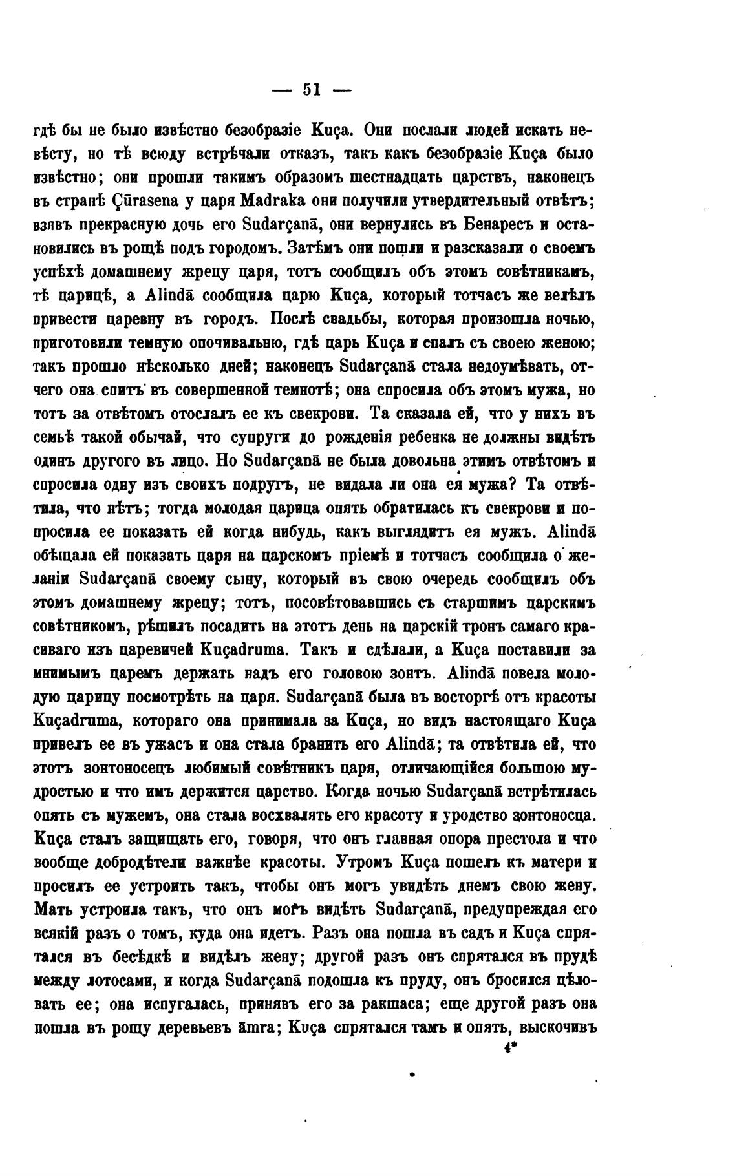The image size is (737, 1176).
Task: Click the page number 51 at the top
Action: click(x=312, y=90)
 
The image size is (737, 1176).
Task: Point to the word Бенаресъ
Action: click(x=500, y=224)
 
